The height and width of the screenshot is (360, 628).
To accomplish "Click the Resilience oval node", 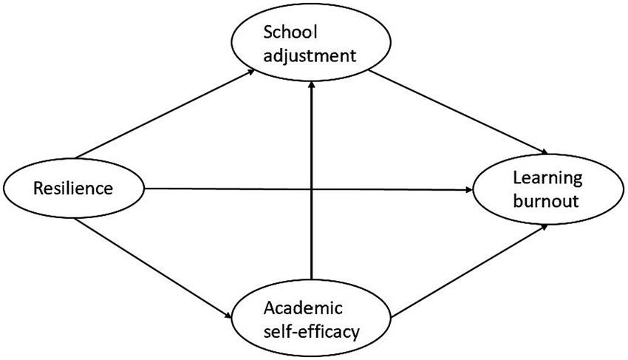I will click(74, 188).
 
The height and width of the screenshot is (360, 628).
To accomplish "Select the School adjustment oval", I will click(312, 44).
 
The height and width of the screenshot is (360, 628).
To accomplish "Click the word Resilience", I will click(73, 189).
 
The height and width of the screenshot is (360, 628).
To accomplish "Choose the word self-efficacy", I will click(315, 330).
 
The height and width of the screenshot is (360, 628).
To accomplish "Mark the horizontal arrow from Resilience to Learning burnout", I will click(222, 189).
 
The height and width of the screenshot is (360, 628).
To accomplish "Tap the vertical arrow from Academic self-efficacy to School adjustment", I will click(312, 237).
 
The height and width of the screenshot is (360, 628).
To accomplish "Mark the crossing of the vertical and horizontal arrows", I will click(312, 189).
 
